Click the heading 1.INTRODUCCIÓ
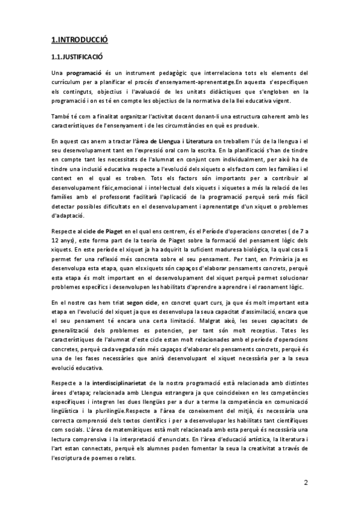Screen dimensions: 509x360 click(79, 40)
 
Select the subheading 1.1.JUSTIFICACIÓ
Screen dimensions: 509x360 click(77, 56)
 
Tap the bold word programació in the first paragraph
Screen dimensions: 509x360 click(84, 73)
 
